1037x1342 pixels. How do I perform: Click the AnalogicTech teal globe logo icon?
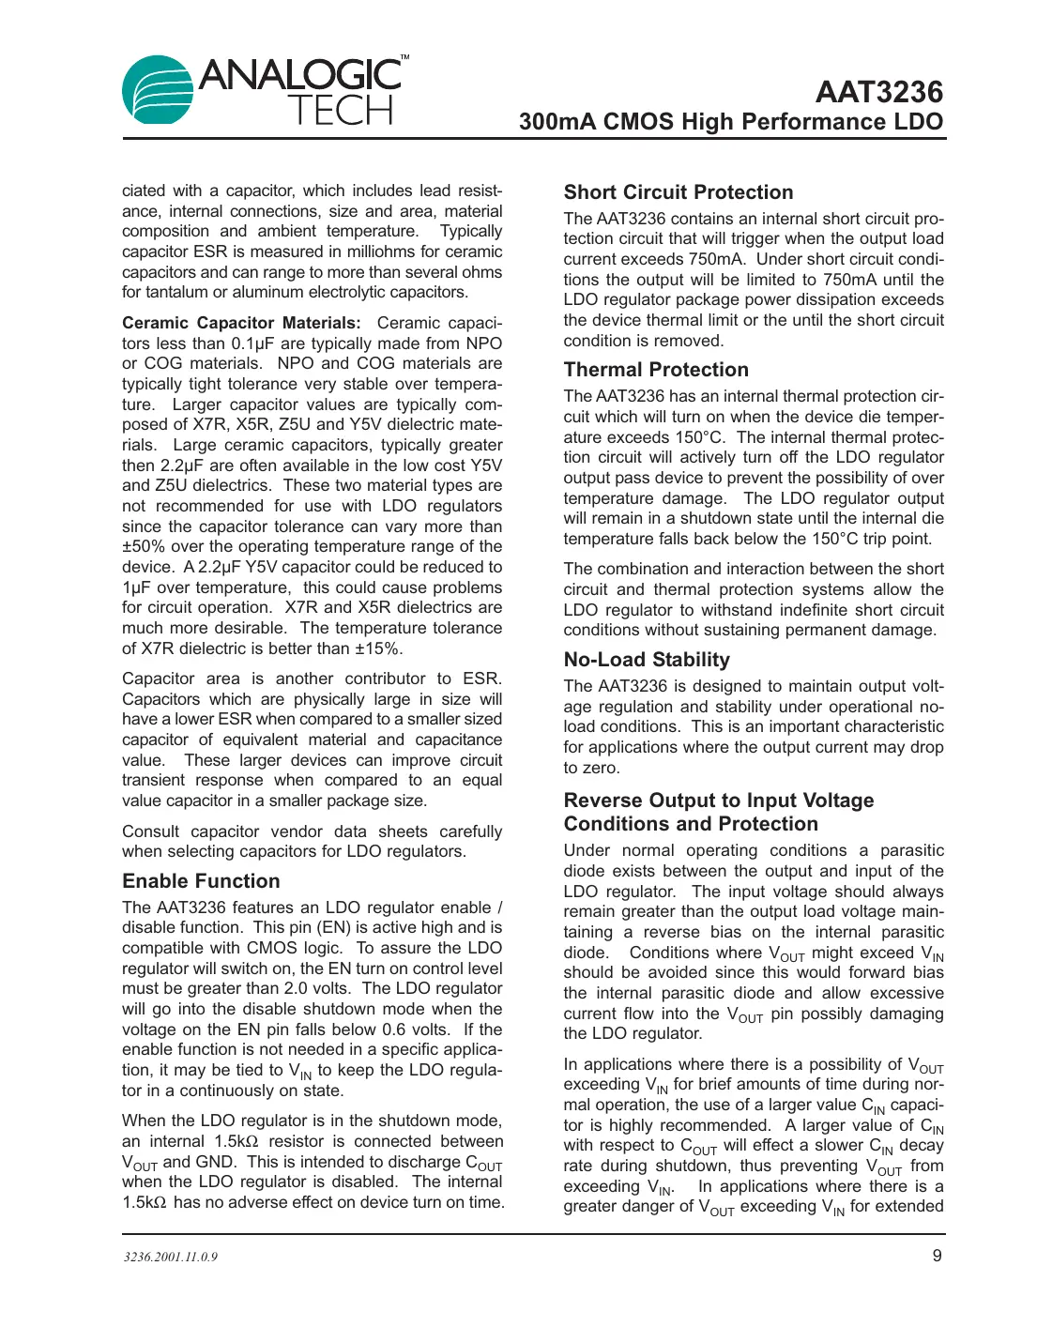(x=158, y=90)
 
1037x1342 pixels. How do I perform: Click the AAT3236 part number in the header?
(x=878, y=92)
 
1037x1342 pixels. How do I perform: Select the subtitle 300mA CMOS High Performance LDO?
(x=730, y=123)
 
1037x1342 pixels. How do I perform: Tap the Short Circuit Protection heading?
(x=678, y=192)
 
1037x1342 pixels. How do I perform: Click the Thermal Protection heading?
(x=655, y=370)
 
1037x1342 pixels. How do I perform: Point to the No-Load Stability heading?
(x=646, y=660)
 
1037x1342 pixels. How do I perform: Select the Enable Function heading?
(x=201, y=881)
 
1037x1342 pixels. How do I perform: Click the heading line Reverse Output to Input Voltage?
(x=718, y=801)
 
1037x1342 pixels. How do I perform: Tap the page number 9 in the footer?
(x=937, y=1256)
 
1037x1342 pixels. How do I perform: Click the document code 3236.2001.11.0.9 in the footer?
(x=170, y=1257)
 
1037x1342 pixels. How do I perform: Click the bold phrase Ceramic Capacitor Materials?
(x=240, y=323)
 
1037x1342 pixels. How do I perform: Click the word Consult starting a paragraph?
(x=150, y=831)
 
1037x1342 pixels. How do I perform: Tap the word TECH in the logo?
(x=340, y=112)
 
